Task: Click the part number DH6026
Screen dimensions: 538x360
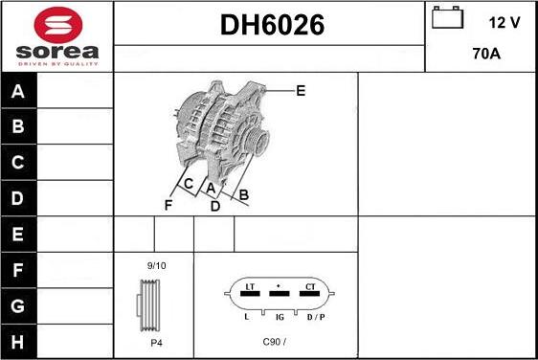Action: click(272, 25)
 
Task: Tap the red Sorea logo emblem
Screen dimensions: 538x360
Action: click(58, 24)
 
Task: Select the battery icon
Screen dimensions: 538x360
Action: click(447, 17)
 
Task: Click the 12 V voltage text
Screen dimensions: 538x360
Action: click(504, 23)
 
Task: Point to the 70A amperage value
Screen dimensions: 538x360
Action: click(486, 54)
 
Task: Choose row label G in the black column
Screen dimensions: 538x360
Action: click(17, 305)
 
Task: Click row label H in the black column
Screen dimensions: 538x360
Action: click(17, 342)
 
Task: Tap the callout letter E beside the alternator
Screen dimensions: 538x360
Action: click(301, 91)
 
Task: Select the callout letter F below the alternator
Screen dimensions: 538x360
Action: click(168, 205)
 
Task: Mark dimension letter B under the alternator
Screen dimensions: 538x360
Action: click(243, 194)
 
